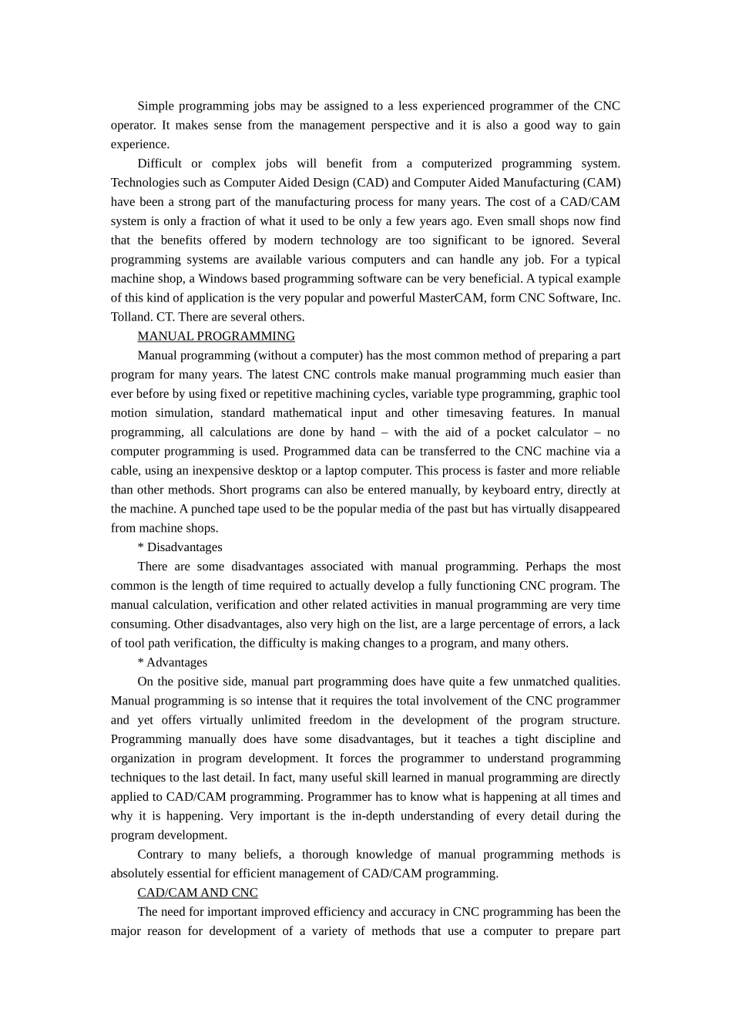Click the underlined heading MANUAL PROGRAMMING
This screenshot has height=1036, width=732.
point(216,336)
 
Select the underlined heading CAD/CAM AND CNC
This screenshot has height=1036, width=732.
point(197,893)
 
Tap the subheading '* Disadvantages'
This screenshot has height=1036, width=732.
point(180,547)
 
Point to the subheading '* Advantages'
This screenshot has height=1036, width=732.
point(172,662)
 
